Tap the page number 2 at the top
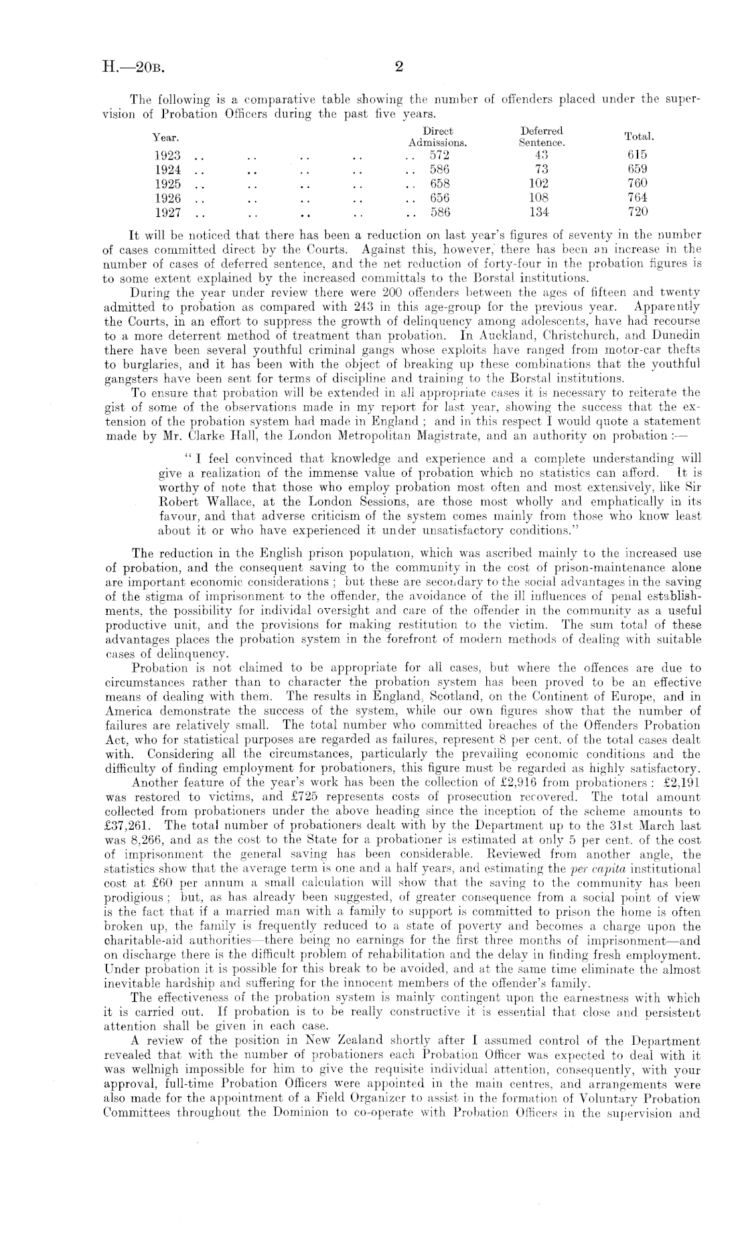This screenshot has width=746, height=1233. (399, 66)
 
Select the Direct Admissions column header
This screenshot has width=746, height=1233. (438, 137)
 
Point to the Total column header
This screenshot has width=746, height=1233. (639, 137)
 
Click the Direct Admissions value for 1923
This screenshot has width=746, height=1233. (440, 155)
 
